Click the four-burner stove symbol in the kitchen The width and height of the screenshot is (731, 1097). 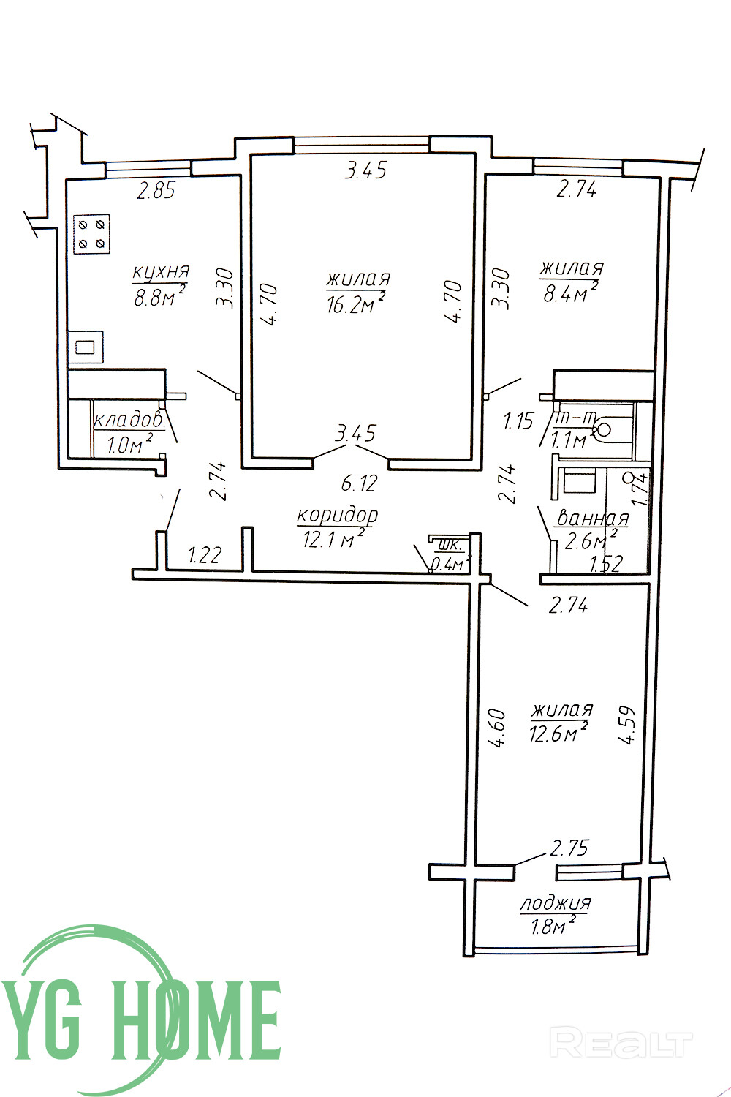click(x=91, y=234)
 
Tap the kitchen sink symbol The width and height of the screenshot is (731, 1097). click(x=86, y=347)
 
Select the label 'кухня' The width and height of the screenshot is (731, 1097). click(x=161, y=272)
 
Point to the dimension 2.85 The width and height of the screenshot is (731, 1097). click(x=156, y=190)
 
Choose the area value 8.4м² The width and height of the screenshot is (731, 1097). click(x=570, y=293)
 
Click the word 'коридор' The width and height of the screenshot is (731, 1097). click(x=337, y=516)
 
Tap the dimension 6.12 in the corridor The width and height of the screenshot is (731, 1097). click(x=360, y=483)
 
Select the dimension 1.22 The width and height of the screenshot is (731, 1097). click(x=205, y=555)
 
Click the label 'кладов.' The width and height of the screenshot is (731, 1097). click(x=129, y=421)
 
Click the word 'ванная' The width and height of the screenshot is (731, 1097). click(x=594, y=518)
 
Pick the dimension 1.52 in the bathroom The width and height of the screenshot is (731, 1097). click(x=606, y=564)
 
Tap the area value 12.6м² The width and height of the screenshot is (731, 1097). click(x=558, y=734)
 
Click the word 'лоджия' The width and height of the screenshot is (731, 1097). click(x=556, y=902)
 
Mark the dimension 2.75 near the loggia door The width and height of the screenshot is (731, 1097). click(x=569, y=848)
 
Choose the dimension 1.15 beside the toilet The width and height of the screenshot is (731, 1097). click(x=518, y=421)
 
